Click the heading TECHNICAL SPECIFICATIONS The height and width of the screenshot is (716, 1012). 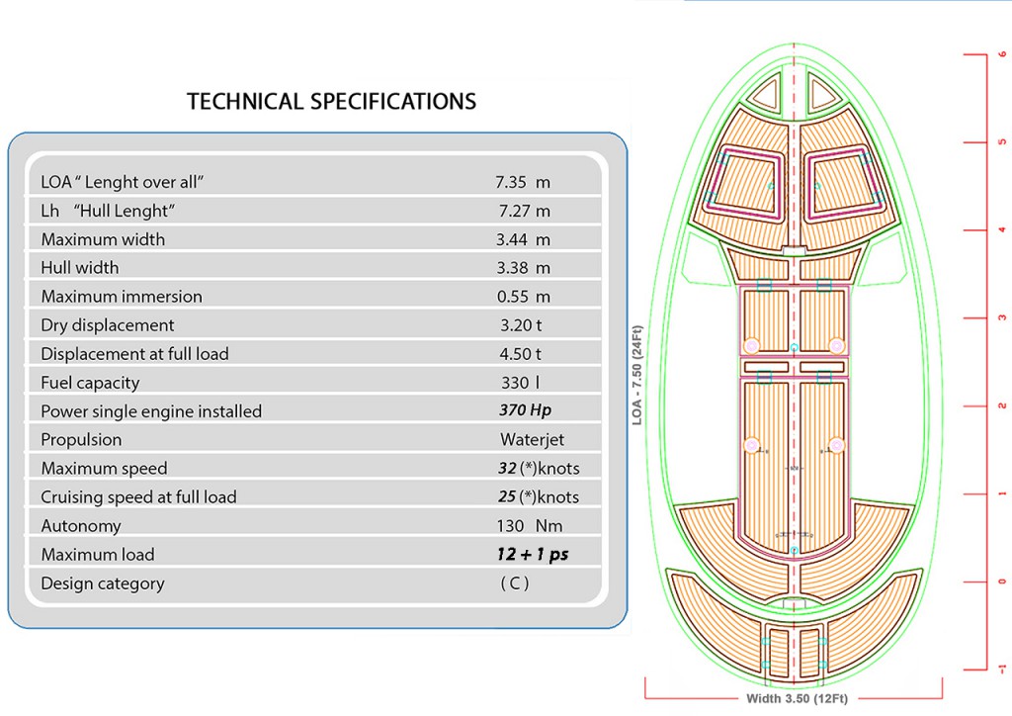(331, 101)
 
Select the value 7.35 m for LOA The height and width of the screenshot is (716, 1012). (523, 182)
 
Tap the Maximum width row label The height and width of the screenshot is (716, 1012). (103, 239)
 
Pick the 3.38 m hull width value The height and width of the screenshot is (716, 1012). (523, 268)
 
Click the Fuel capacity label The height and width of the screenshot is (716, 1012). (90, 383)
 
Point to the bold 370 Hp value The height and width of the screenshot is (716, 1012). (526, 410)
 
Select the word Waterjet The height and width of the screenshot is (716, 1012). (532, 439)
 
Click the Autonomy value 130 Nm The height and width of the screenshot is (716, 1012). (529, 526)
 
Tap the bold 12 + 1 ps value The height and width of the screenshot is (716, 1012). (533, 555)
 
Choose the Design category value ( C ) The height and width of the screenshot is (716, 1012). (514, 583)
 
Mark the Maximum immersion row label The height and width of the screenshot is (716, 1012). (121, 297)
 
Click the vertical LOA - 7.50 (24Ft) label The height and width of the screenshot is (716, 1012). (638, 376)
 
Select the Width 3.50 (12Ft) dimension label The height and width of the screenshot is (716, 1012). (797, 698)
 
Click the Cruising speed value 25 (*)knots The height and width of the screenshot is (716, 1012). (539, 496)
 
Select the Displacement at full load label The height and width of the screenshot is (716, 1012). (134, 354)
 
